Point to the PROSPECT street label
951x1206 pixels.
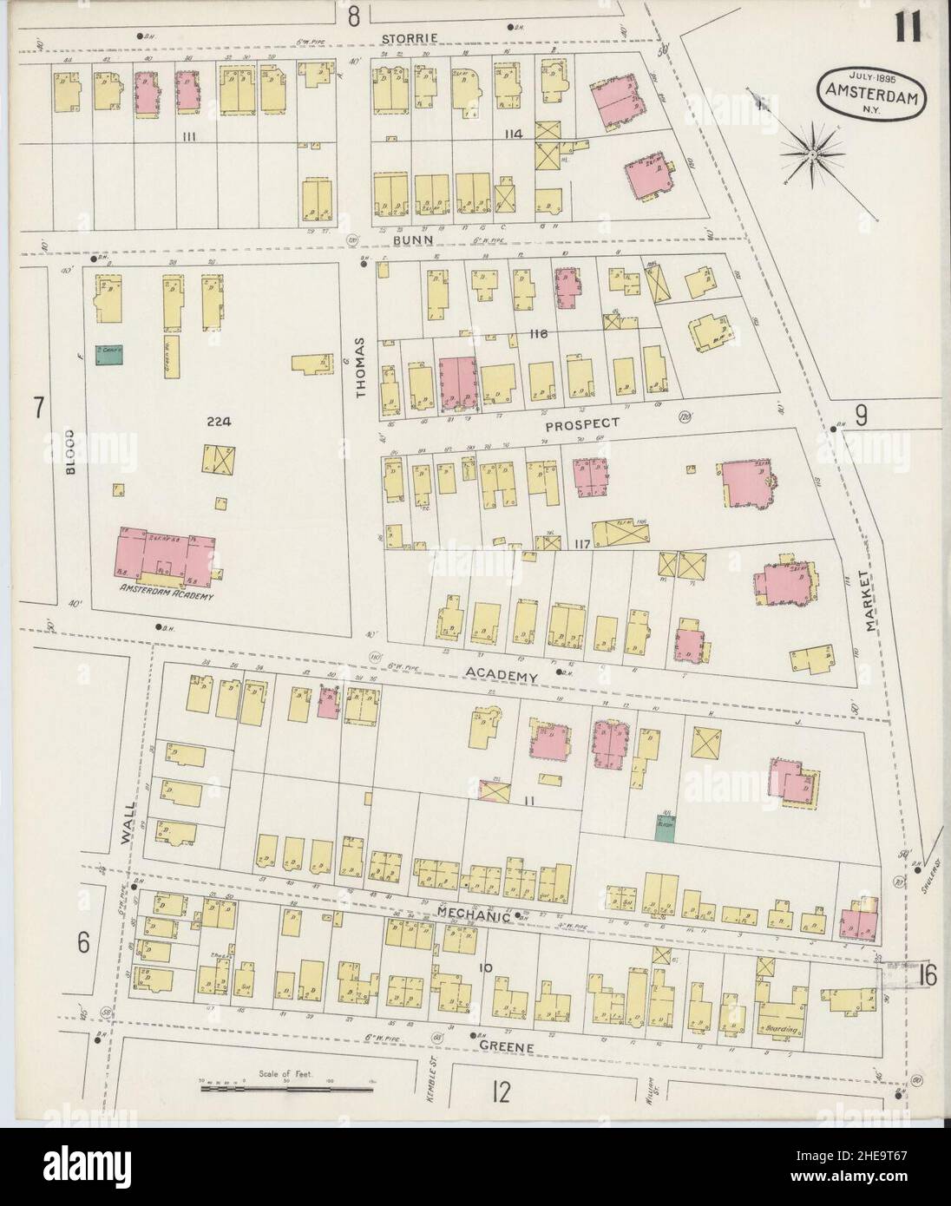582,423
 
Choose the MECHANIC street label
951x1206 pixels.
473,913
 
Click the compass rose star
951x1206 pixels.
813,154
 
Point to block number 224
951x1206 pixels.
217,423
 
